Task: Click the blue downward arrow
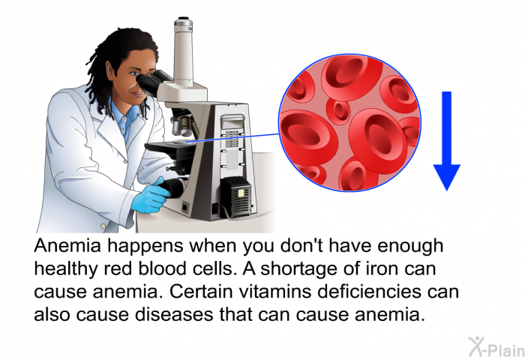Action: (x=447, y=141)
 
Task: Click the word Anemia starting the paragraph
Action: (x=67, y=245)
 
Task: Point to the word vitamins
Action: (x=275, y=291)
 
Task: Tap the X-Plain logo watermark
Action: (x=496, y=346)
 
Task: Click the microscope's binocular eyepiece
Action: (x=153, y=81)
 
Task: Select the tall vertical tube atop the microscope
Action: (x=183, y=50)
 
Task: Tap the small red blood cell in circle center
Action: (x=337, y=110)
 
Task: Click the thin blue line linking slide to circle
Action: (x=232, y=138)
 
